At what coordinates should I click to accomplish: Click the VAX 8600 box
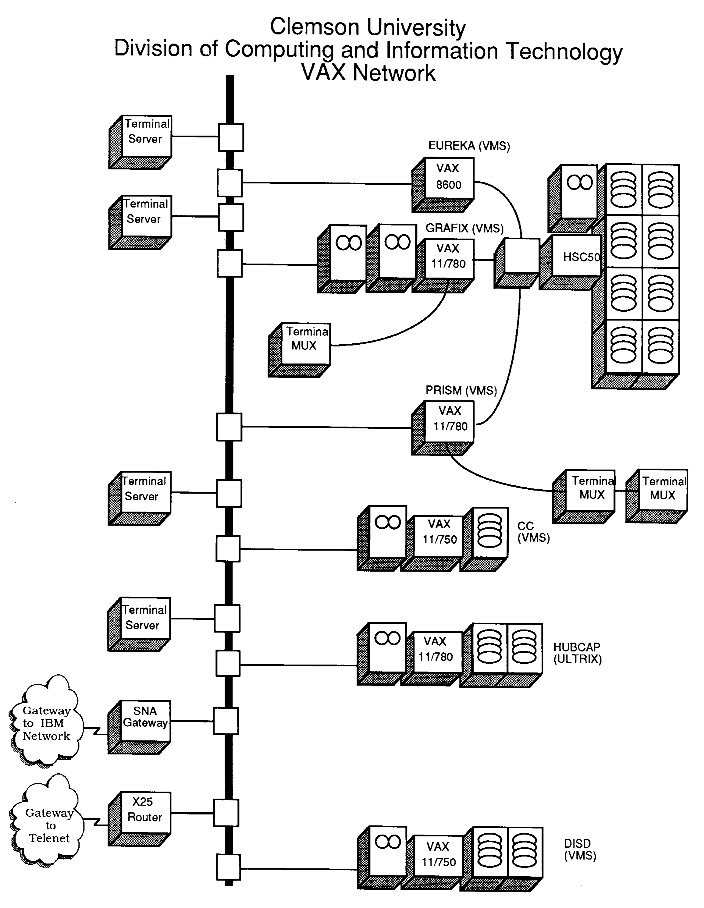point(449,177)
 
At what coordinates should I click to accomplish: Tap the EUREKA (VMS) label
point(469,146)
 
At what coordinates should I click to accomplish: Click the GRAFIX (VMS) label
point(464,228)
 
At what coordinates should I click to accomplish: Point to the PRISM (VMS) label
point(461,390)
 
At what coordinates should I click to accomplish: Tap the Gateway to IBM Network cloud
point(46,723)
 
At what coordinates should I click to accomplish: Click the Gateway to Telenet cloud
point(48,825)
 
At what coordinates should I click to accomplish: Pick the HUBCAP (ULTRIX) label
point(577,653)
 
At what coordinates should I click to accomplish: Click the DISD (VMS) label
point(580,850)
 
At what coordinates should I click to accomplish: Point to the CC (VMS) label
point(533,532)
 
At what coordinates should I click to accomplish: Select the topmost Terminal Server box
point(146,136)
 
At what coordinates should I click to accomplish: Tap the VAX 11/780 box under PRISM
point(449,421)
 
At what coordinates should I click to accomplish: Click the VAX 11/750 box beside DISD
point(438,856)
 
